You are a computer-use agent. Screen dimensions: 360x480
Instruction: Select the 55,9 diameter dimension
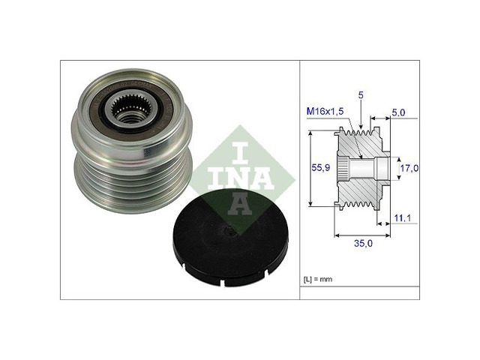coord(322,169)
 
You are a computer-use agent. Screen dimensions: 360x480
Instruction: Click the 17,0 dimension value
coord(409,169)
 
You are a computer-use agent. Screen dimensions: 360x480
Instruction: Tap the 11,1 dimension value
coord(403,217)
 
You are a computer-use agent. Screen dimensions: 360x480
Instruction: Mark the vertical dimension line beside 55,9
coord(310,169)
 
